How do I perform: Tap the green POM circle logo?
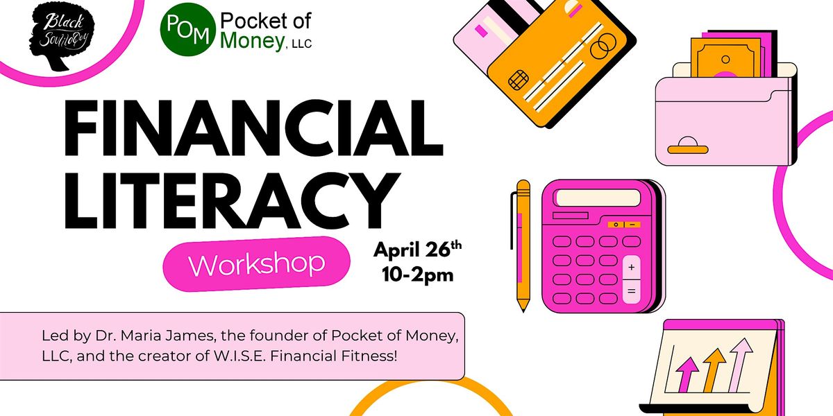coord(188,29)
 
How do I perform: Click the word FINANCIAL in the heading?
coord(253,128)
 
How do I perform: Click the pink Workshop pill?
coord(257,264)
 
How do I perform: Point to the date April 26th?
coord(418,250)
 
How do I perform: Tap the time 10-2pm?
coord(418,275)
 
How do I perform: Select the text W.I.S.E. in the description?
coord(240,356)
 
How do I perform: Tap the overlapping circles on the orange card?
coord(603,46)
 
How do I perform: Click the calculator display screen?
coord(598,198)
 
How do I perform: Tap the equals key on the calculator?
coord(632,292)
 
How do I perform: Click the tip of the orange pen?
coord(523,311)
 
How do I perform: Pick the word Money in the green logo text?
coord(252,42)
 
